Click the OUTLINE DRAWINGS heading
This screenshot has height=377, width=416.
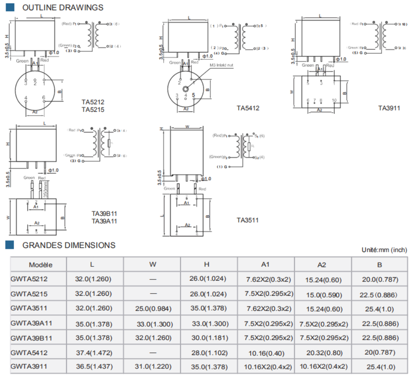pyautogui.click(x=62, y=7)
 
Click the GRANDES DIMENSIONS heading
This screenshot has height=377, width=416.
pyautogui.click(x=69, y=245)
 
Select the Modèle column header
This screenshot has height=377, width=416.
pyautogui.click(x=40, y=264)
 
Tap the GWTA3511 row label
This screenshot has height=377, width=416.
pyautogui.click(x=29, y=308)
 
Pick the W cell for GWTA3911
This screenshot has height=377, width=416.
pyautogui.click(x=152, y=367)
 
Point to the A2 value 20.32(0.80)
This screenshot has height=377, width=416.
pyautogui.click(x=323, y=353)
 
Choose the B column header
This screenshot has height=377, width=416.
pyautogui.click(x=380, y=265)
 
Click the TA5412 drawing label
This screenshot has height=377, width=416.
pyautogui.click(x=248, y=108)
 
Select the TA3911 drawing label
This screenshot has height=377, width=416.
pyautogui.click(x=389, y=108)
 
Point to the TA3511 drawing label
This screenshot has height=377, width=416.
pyautogui.click(x=248, y=220)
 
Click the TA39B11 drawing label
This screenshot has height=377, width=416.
pyautogui.click(x=104, y=214)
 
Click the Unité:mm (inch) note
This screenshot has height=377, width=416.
pyautogui.click(x=384, y=249)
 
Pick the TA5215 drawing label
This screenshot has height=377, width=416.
pyautogui.click(x=93, y=110)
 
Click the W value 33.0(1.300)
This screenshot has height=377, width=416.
pyautogui.click(x=152, y=323)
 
